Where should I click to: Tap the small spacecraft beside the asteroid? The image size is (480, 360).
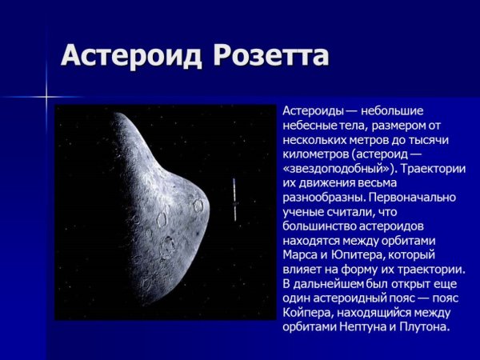pos(235,199)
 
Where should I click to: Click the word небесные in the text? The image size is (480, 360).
pos(307,126)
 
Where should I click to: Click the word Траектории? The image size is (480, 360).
pos(432,169)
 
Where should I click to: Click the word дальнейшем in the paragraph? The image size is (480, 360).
pos(330,284)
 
